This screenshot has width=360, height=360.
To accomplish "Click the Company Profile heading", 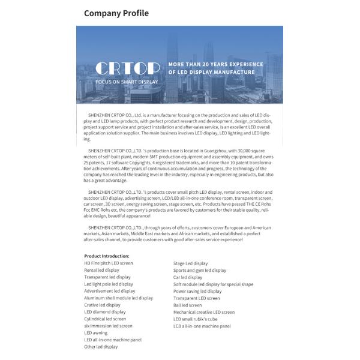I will pos(116,13).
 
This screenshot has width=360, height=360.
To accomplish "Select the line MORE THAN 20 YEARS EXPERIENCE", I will pos(215,64).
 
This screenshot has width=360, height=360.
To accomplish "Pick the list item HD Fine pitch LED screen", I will pos(109,263).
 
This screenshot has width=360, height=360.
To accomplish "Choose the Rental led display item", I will pos(101,271).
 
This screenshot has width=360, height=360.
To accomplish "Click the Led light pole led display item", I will pos(109,284).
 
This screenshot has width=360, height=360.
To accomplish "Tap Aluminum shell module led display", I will pos(118,298).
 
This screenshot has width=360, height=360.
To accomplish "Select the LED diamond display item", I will pos(105,312).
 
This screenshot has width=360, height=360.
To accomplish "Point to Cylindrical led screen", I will pos(105,319).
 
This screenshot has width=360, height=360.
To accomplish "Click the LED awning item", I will pos(96,333).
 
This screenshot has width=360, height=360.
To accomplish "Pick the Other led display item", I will pos(101,347).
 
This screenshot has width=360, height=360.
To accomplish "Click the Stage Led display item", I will pos(190,263).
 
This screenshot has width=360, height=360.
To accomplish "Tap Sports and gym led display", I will pos(200,271).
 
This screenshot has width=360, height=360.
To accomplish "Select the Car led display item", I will pos(188,278).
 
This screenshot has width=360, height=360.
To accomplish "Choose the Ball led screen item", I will pos(188,305).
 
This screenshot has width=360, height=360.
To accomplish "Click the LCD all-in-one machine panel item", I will pos(202,326).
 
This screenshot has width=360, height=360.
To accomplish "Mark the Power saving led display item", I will pos(197,292).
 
